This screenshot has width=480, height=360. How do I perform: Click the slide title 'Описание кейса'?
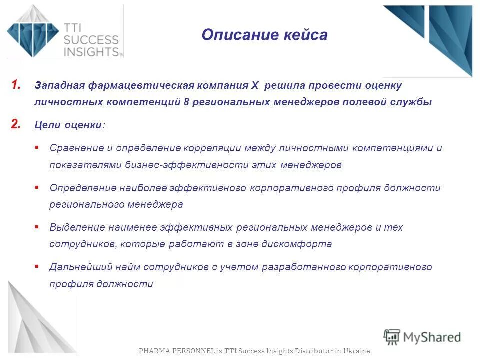[264, 35]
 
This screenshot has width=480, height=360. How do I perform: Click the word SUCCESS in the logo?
[91, 40]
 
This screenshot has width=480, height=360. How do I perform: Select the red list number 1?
[16, 85]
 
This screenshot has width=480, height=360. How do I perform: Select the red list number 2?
[16, 125]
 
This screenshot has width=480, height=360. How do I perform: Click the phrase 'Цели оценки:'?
[70, 125]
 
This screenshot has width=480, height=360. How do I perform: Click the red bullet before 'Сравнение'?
[37, 147]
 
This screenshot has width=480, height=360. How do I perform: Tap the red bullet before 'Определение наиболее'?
[37, 187]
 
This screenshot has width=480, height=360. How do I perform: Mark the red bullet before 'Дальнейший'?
[37, 266]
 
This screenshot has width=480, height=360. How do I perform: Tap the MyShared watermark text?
[432, 337]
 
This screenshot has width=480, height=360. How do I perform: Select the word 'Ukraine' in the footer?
[357, 351]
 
